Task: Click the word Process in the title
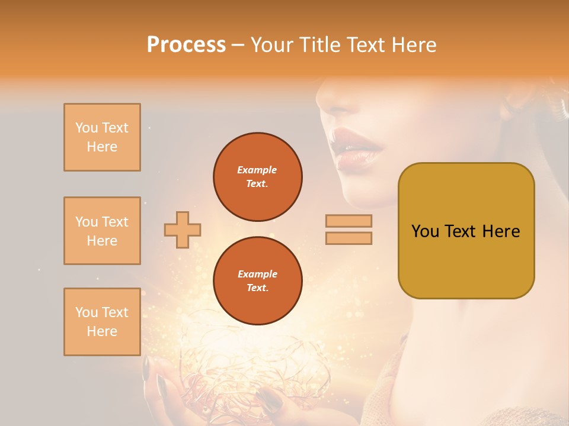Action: pos(186,45)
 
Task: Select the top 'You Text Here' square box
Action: pos(102,137)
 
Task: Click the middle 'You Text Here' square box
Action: pos(102,231)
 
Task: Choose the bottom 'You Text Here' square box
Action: pos(102,322)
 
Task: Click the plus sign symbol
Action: pos(183,230)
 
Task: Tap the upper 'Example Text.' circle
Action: pos(258,177)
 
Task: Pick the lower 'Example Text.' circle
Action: pos(258,281)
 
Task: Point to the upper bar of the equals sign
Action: pos(349,221)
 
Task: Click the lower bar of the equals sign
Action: pos(349,238)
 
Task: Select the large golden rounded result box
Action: pos(466,231)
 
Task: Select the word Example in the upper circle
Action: pos(257,170)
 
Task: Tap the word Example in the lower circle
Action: pos(257,274)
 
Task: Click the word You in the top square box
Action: pos(87,128)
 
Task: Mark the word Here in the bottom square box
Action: pos(102,331)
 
